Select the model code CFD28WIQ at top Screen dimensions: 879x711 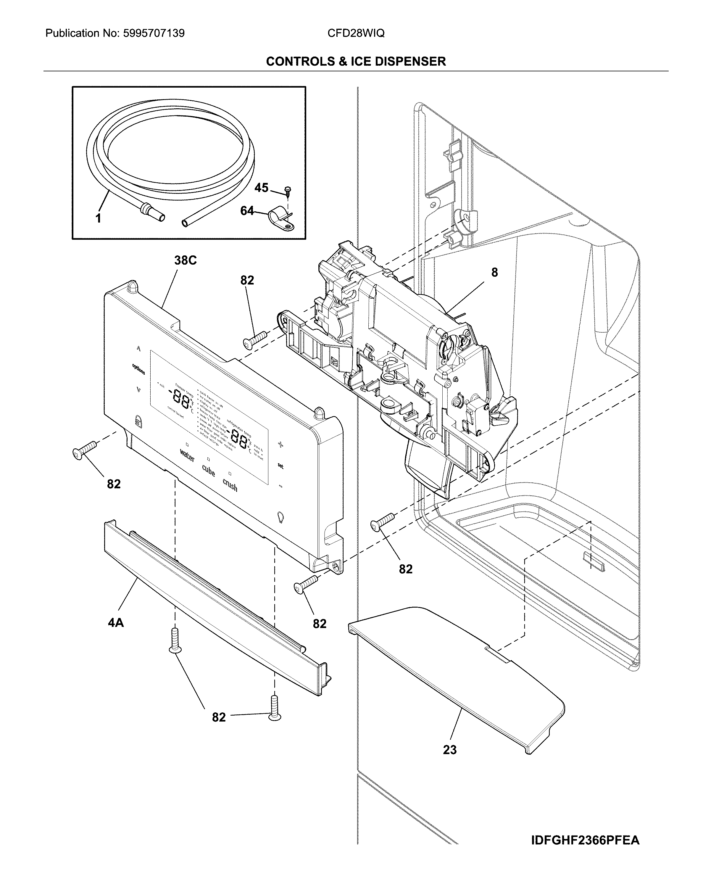coord(356,33)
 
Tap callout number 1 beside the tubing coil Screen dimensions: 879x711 coord(98,218)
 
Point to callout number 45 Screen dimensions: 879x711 coord(261,188)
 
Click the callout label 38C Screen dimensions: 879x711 coord(185,260)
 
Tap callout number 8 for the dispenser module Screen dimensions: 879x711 coord(494,272)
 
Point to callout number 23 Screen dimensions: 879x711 coord(449,750)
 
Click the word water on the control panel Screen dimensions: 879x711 coord(187,455)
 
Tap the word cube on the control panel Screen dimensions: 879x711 coord(209,470)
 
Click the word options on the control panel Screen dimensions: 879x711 coord(138,369)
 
